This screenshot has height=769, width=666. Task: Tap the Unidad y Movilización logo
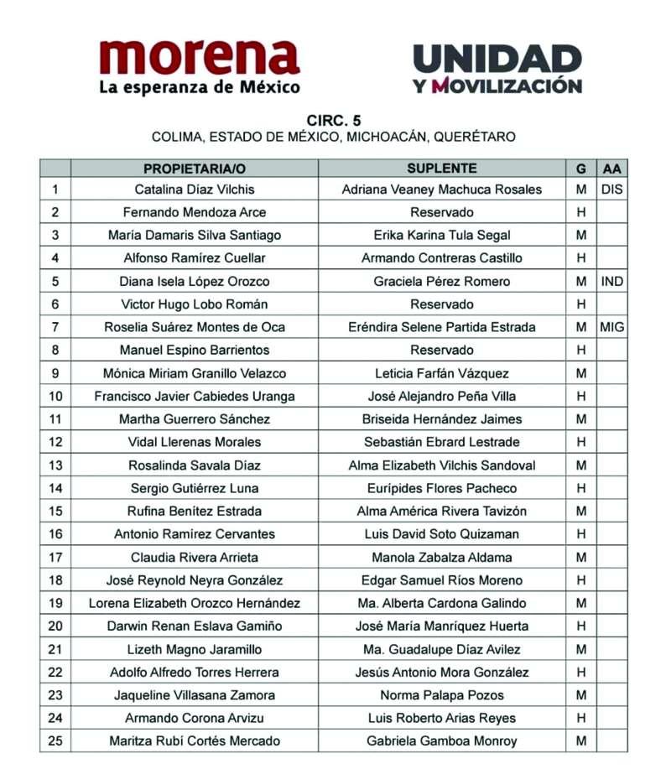(x=497, y=69)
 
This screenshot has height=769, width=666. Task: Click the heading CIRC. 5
(x=333, y=121)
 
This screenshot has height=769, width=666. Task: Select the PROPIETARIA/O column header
(x=195, y=168)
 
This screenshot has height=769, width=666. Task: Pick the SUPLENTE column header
(x=442, y=168)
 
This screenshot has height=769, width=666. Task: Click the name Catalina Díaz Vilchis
(x=195, y=190)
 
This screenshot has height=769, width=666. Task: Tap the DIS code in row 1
(x=612, y=190)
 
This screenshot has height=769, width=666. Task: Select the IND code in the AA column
(x=612, y=281)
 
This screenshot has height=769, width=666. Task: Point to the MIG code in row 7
(x=612, y=327)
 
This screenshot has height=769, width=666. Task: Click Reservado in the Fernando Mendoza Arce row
(x=442, y=212)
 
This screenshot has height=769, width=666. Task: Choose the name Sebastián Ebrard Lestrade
(x=442, y=442)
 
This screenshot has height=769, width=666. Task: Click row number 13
(x=55, y=465)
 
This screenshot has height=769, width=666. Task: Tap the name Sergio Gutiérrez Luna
(x=195, y=488)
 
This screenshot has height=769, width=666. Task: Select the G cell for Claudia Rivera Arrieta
(x=580, y=557)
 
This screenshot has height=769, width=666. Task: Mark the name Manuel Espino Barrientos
(x=195, y=350)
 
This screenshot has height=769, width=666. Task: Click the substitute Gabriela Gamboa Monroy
(x=442, y=740)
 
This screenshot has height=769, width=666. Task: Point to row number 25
(x=55, y=740)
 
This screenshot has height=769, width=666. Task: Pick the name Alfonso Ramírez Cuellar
(x=195, y=258)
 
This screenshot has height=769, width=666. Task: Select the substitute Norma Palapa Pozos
(x=442, y=695)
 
